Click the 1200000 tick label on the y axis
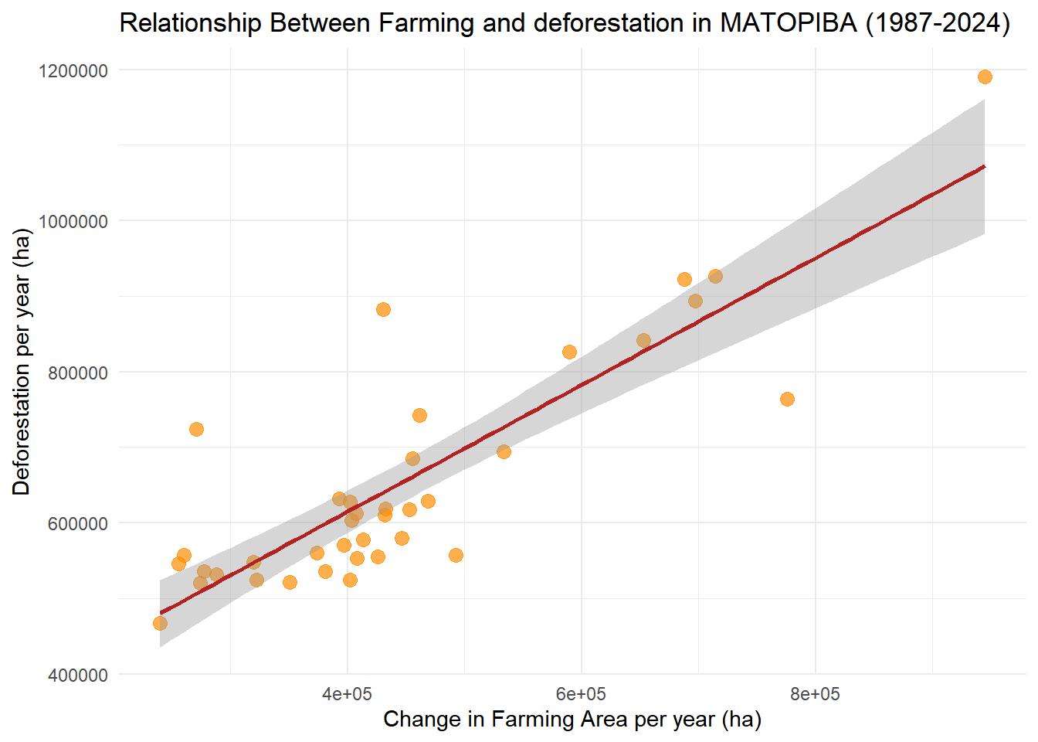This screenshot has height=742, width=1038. tap(73, 71)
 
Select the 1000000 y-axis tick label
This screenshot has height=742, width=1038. tap(73, 222)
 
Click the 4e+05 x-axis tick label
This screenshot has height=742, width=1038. tap(347, 694)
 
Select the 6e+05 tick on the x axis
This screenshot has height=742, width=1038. tap(581, 694)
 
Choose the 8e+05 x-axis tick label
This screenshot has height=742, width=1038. tap(815, 694)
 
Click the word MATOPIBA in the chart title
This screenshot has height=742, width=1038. tap(789, 23)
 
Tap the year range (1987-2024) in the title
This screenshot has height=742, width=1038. tap(938, 23)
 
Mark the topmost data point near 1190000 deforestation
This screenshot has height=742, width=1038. tap(985, 77)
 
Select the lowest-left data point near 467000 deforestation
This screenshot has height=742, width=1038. tap(160, 623)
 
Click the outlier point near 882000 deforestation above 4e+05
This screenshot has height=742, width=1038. tap(383, 309)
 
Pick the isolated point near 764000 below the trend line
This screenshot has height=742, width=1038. tap(787, 399)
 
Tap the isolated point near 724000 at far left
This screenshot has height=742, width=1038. tap(196, 429)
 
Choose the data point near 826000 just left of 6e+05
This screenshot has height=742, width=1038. tap(569, 352)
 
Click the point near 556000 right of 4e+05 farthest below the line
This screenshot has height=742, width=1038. tap(456, 555)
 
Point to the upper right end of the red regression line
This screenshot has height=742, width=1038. tap(984, 166)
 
